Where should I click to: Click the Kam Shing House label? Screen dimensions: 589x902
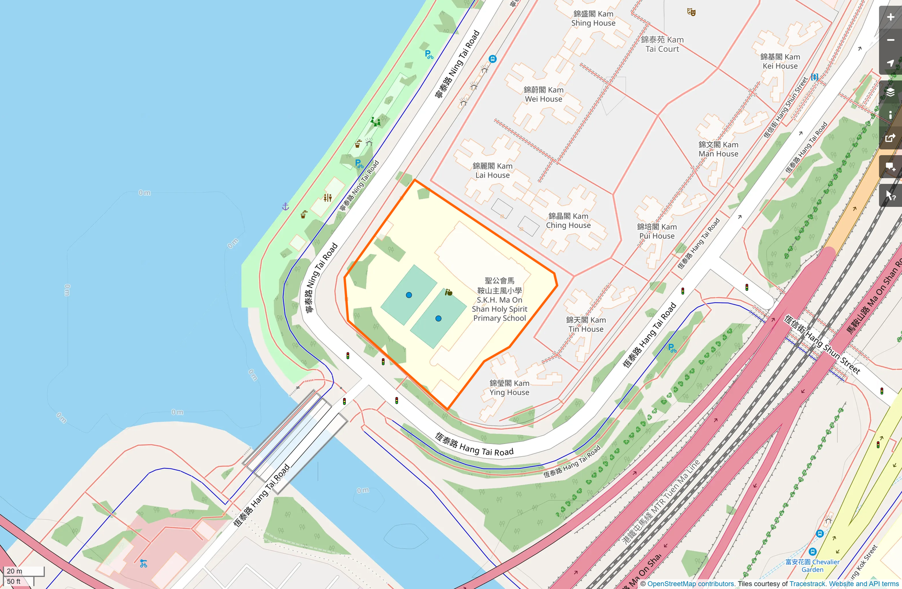pos(593,19)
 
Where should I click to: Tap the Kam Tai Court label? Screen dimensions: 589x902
pos(662,44)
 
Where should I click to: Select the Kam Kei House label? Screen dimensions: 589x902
pos(780,61)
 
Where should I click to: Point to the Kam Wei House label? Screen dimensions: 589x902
pos(543,94)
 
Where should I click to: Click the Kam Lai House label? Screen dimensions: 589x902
pos(492,170)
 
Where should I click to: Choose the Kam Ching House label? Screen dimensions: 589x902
pos(568,221)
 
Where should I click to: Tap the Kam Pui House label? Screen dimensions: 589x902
pos(657,231)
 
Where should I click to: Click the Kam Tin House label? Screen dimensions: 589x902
pos(586,324)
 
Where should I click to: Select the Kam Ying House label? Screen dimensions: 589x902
pos(509,387)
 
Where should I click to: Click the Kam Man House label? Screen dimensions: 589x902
pos(718,149)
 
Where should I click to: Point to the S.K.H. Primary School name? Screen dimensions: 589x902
pos(499,299)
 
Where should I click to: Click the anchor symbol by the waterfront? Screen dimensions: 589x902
pos(285,206)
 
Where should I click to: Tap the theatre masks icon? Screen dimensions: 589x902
pos(691,11)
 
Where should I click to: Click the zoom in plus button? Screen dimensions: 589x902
pos(891,17)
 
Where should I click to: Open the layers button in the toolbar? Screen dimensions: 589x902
pos(891,92)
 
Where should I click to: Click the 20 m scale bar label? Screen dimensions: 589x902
pos(15,571)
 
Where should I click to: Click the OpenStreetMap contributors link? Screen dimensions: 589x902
pos(691,584)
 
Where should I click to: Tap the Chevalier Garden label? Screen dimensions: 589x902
pos(812,566)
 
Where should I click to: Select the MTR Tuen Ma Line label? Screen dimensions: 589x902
pos(661,502)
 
